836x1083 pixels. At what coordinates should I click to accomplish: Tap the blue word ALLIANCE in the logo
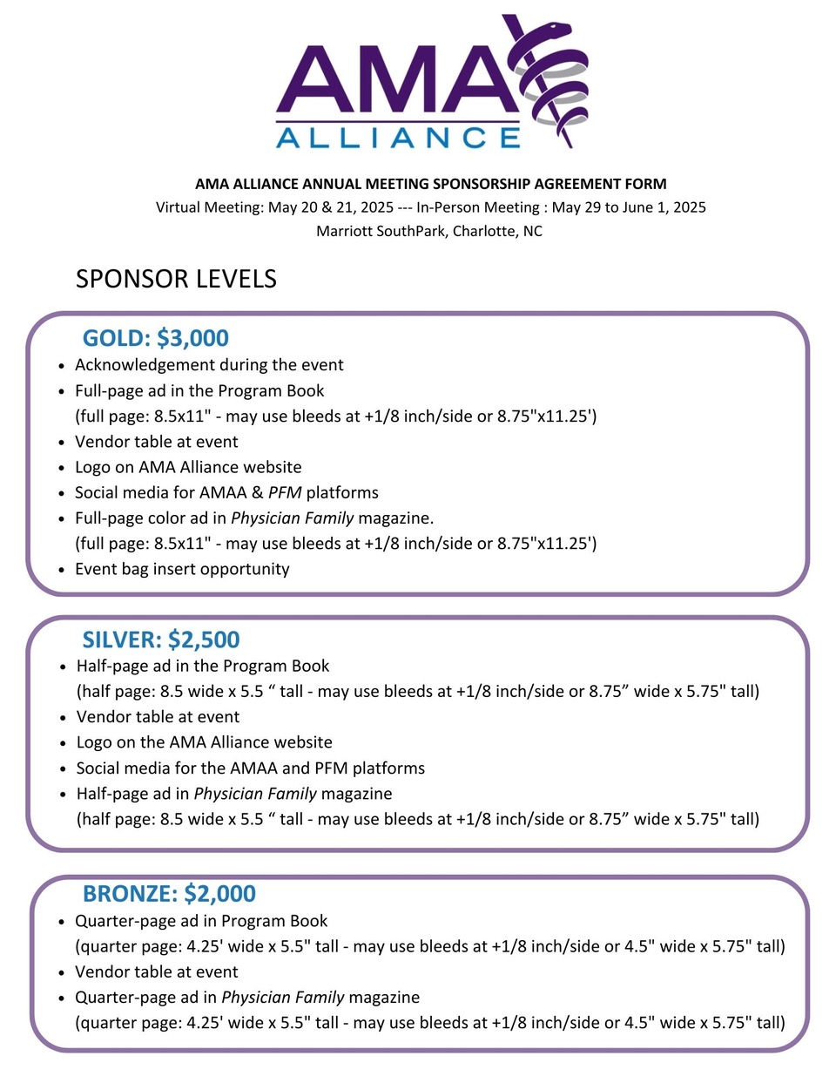398,138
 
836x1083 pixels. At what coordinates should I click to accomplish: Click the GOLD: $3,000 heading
156,338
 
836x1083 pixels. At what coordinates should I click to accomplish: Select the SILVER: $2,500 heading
161,640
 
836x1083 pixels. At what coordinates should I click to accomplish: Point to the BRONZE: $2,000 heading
169,894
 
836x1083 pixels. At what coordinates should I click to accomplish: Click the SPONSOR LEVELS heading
176,279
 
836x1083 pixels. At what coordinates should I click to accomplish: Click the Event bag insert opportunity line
182,569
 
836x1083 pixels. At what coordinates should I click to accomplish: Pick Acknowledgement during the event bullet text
209,365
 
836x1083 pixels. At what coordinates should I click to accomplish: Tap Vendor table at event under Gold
157,442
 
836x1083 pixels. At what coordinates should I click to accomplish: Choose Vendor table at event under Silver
158,717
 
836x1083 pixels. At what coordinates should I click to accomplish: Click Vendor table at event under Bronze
157,971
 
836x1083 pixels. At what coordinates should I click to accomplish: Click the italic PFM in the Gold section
285,492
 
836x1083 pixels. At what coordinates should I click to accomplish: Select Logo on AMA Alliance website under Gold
188,467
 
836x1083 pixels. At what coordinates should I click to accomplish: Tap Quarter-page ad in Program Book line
201,921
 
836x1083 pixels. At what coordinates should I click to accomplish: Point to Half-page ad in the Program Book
203,667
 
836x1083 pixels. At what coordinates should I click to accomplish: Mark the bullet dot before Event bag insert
62,571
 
